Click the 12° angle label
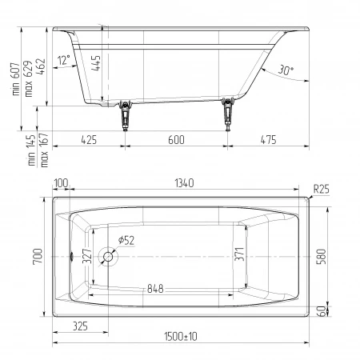pos(64,60)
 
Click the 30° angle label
pos(286,70)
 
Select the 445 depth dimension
pos(96,63)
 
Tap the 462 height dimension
pos(41,66)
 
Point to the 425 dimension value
pos(89,140)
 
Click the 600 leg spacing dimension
pos(176,140)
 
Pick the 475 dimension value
pos(268,140)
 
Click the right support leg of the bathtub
pos(228,114)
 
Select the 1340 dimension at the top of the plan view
pos(184,183)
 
